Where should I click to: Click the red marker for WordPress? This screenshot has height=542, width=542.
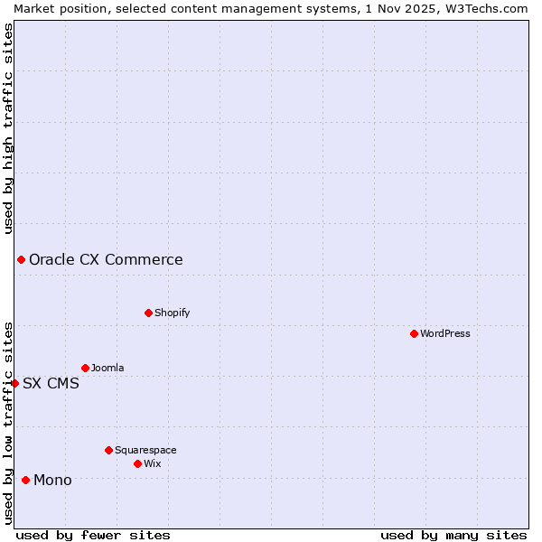(x=414, y=333)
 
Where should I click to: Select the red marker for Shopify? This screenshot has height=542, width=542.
(x=148, y=313)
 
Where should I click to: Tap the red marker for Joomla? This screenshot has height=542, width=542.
(x=85, y=368)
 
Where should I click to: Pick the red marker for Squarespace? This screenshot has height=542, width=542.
(x=108, y=450)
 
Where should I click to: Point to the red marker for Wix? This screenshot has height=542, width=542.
(x=137, y=463)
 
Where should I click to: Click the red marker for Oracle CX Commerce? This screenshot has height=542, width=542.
(x=21, y=260)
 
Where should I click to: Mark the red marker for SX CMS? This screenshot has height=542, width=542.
(x=14, y=383)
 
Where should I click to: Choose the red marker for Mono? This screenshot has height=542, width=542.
(x=25, y=480)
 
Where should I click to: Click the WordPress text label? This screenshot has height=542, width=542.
(x=445, y=333)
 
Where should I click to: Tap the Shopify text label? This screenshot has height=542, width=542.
(x=172, y=313)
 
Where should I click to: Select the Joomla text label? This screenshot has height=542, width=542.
(x=107, y=368)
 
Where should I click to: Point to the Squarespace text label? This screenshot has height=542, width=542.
(x=145, y=450)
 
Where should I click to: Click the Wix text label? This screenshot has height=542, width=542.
(x=152, y=463)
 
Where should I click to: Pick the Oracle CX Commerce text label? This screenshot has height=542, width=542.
(x=106, y=260)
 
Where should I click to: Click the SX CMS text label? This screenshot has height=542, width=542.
(x=51, y=383)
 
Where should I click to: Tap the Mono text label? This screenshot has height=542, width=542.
(x=52, y=480)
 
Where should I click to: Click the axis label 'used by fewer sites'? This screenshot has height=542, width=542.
(x=93, y=535)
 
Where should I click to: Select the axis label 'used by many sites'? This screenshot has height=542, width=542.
(x=453, y=535)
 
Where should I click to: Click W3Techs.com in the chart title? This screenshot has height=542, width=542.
(x=484, y=8)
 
